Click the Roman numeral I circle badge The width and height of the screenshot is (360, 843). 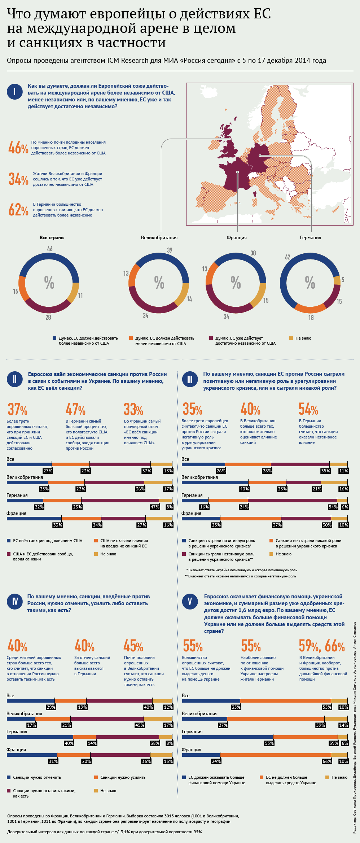coord(14,92)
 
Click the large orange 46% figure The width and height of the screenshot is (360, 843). coord(18,148)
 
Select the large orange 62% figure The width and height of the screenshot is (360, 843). coord(18,210)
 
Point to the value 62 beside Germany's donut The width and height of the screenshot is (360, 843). coord(287,257)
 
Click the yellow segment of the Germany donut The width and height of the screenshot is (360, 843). coord(337,280)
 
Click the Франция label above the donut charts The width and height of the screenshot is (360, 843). coord(237,237)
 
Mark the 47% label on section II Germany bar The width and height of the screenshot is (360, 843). coord(155,507)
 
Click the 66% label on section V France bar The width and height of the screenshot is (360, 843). coord(327,761)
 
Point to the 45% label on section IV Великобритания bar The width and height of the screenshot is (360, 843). coord(140,725)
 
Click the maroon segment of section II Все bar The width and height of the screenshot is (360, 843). coord(120,464)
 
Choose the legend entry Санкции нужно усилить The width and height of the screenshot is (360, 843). coord(123,777)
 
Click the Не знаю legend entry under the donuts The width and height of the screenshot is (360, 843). coord(303,338)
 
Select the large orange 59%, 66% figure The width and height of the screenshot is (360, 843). coord(321,646)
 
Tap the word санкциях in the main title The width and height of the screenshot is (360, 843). coord(53,43)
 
